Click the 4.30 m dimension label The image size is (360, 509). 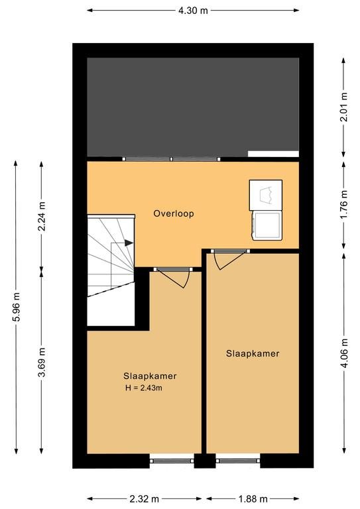click(193, 11)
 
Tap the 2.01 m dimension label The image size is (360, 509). click(344, 107)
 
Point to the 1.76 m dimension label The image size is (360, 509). click(344, 205)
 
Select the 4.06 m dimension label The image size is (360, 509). click(344, 353)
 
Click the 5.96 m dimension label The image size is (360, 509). click(16, 307)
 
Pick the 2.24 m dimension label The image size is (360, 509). click(42, 216)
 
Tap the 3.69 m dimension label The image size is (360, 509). click(42, 362)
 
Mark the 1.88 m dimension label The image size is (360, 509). click(253, 498)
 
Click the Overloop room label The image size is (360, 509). click(174, 213)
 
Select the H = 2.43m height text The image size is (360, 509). click(144, 388)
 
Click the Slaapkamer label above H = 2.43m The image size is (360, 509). click(150, 376)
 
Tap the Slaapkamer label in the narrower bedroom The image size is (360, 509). click(253, 353)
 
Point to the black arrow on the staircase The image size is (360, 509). click(129, 243)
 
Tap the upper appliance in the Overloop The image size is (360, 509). click(266, 195)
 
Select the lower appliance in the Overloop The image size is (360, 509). click(267, 225)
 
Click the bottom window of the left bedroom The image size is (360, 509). click(172, 461)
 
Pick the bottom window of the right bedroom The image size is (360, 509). click(238, 461)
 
